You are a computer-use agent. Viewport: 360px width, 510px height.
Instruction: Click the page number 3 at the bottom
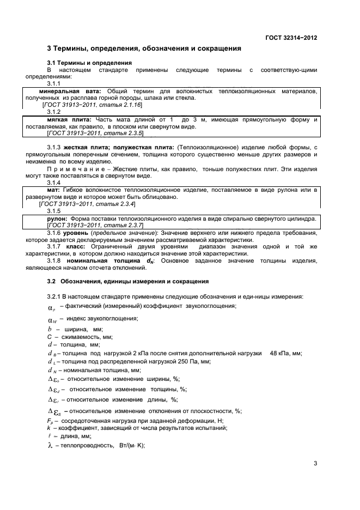(x=315, y=464)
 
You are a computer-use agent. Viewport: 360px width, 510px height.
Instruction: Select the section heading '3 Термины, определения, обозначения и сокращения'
(x=144, y=48)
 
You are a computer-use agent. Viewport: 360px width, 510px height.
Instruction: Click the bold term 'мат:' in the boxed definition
(x=53, y=190)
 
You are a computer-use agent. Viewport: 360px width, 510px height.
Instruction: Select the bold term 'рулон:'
(x=57, y=218)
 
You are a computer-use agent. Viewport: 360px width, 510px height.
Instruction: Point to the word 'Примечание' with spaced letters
(x=74, y=169)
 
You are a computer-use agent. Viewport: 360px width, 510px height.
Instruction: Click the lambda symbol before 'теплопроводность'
(x=50, y=446)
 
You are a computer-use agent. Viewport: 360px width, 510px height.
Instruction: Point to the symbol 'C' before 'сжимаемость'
(x=49, y=337)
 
